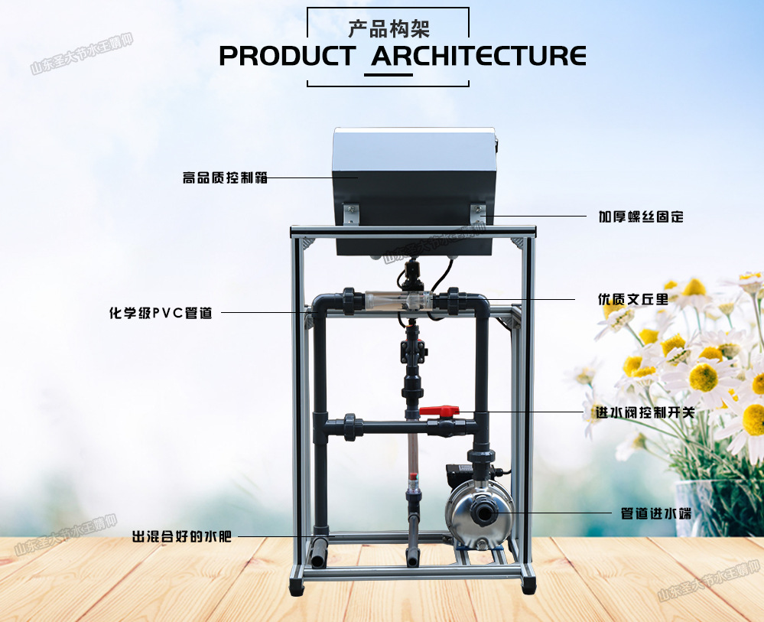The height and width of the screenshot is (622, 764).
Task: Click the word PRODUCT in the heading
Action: point(287,56)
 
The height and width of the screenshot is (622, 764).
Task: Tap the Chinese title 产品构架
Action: point(389,29)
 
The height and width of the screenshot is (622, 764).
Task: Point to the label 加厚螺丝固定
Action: point(640,217)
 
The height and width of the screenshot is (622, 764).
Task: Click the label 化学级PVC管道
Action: point(161,312)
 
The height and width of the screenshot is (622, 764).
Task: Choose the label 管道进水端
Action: point(656,513)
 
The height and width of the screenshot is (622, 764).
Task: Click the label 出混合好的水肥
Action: point(182,536)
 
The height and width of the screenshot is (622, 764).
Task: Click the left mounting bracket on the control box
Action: point(350,213)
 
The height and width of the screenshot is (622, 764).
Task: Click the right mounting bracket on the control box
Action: point(478,213)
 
